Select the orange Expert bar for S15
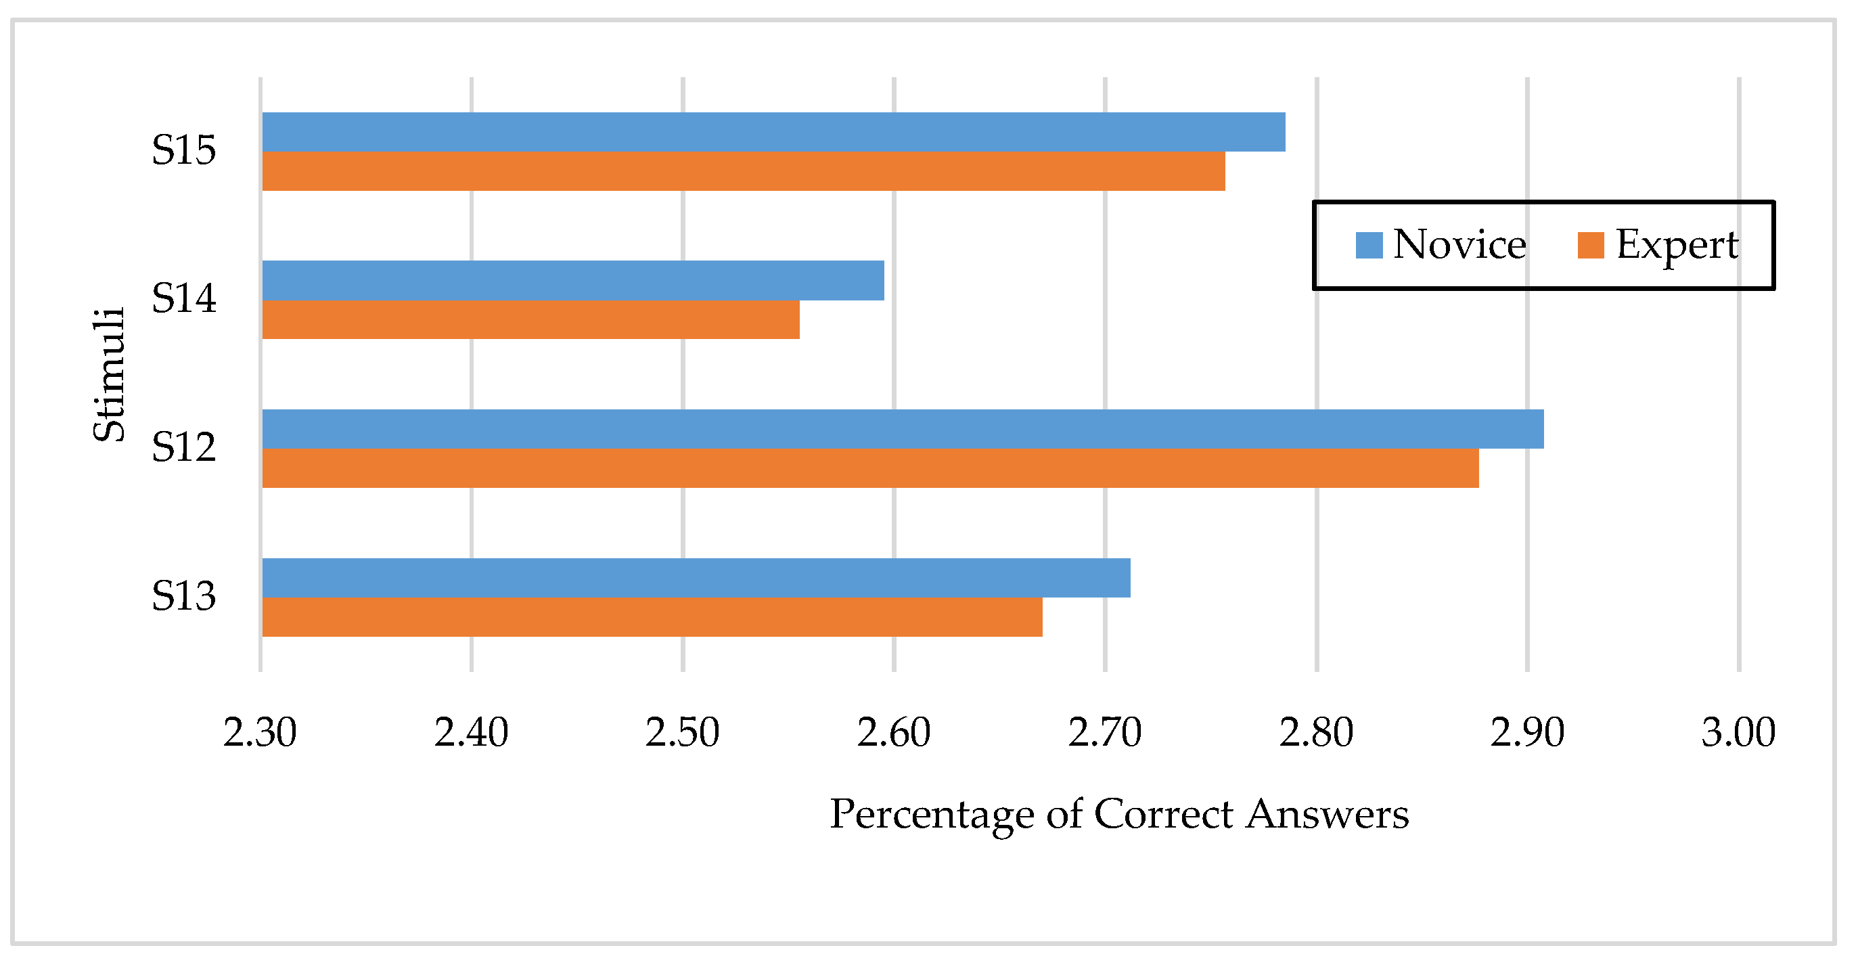tap(743, 171)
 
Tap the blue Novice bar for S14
tap(572, 280)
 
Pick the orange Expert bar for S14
tap(530, 319)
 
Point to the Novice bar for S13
tap(696, 578)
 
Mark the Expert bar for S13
tap(652, 617)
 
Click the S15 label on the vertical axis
tap(183, 151)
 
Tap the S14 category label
tap(183, 298)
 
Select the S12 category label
tap(183, 447)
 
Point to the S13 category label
tap(183, 597)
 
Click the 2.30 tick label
tap(260, 733)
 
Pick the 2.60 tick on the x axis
tap(894, 733)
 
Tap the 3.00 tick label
tap(1738, 733)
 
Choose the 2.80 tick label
tap(1316, 733)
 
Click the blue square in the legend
tap(1369, 246)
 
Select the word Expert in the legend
tap(1677, 246)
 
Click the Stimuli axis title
tap(110, 374)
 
